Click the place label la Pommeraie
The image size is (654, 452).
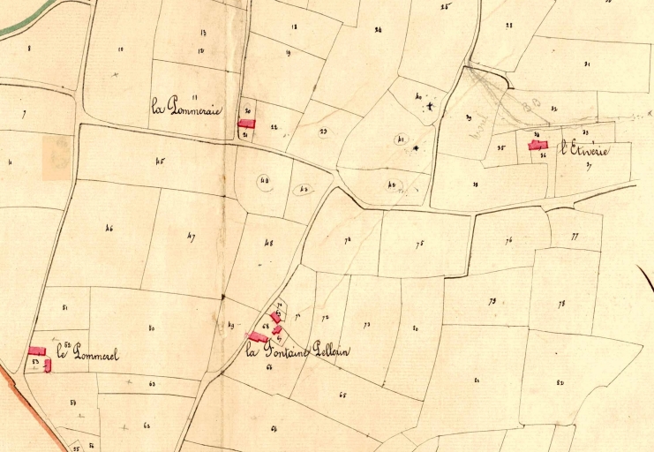click(187, 109)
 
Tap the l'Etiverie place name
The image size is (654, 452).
click(583, 150)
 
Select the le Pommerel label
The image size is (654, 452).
click(87, 355)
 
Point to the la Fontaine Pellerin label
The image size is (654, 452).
click(297, 351)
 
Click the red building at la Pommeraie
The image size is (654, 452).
click(246, 124)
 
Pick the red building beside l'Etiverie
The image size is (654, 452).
click(538, 145)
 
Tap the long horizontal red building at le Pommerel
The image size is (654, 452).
click(37, 350)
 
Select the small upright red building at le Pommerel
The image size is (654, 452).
click(48, 365)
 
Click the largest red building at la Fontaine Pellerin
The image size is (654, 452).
click(258, 336)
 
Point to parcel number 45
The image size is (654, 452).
click(160, 161)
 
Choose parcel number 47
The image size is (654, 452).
click(192, 235)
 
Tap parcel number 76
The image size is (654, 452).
click(509, 240)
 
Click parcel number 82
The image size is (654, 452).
click(560, 381)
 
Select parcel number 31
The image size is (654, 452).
click(587, 64)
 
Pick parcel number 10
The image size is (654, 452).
click(120, 49)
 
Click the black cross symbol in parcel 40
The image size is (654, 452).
click(430, 107)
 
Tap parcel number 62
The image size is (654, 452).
click(147, 425)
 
